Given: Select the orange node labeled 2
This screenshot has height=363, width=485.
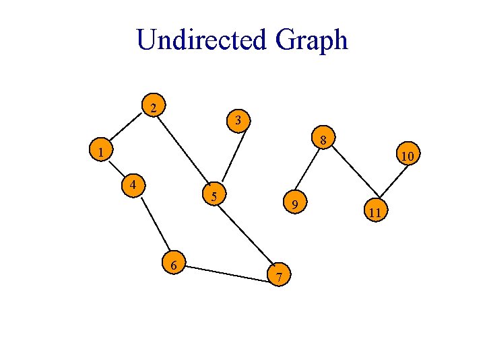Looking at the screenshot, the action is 155,108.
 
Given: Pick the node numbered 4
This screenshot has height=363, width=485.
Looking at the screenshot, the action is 135,184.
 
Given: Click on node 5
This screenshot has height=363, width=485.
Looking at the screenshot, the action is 214,196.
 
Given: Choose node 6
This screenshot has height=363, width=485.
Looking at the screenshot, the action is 174,265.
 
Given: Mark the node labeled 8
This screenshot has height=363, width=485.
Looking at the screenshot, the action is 323,141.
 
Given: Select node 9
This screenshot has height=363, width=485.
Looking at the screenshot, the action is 294,203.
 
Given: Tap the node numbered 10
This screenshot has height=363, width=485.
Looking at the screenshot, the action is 408,157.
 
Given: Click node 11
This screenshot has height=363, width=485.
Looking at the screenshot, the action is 375,212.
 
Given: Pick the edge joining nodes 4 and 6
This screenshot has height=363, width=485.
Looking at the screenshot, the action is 155,225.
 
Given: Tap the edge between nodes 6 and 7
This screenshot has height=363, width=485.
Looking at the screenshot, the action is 226,270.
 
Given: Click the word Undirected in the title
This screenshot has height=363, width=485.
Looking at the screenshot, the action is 202,40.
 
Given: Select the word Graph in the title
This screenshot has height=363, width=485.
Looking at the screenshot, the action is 311,40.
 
